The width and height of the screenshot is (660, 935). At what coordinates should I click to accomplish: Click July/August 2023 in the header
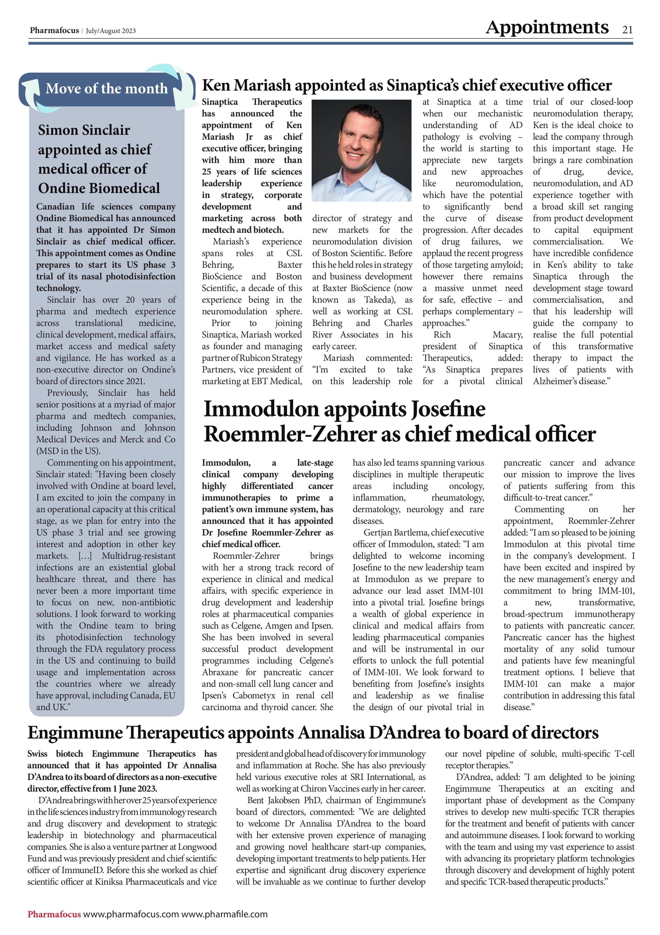pyautogui.click(x=111, y=31)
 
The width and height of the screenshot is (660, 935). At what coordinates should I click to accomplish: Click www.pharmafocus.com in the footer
pyautogui.click(x=131, y=914)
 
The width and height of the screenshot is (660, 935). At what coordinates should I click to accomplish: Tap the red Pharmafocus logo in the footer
pyautogui.click(x=54, y=914)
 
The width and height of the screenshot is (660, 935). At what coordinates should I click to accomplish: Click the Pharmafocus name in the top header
pyautogui.click(x=54, y=31)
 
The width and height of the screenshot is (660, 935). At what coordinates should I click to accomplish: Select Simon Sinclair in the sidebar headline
pyautogui.click(x=84, y=130)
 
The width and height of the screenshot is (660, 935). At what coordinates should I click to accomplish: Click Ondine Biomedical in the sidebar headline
pyautogui.click(x=99, y=188)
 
